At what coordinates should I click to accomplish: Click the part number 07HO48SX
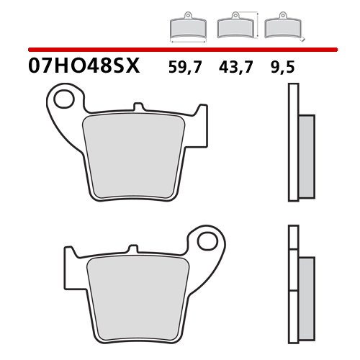[x=84, y=66]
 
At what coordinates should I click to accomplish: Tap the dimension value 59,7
[x=185, y=67]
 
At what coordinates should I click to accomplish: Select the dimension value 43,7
[x=235, y=67]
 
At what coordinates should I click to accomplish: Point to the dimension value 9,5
[x=282, y=67]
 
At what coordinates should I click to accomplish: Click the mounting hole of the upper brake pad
[x=64, y=99]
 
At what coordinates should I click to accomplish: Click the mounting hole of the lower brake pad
[x=207, y=240]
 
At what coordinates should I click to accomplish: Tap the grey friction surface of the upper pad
[x=133, y=156]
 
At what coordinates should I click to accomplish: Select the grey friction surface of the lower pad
[x=138, y=298]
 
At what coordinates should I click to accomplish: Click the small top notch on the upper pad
[x=138, y=107]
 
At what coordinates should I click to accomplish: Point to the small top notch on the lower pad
[x=133, y=248]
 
